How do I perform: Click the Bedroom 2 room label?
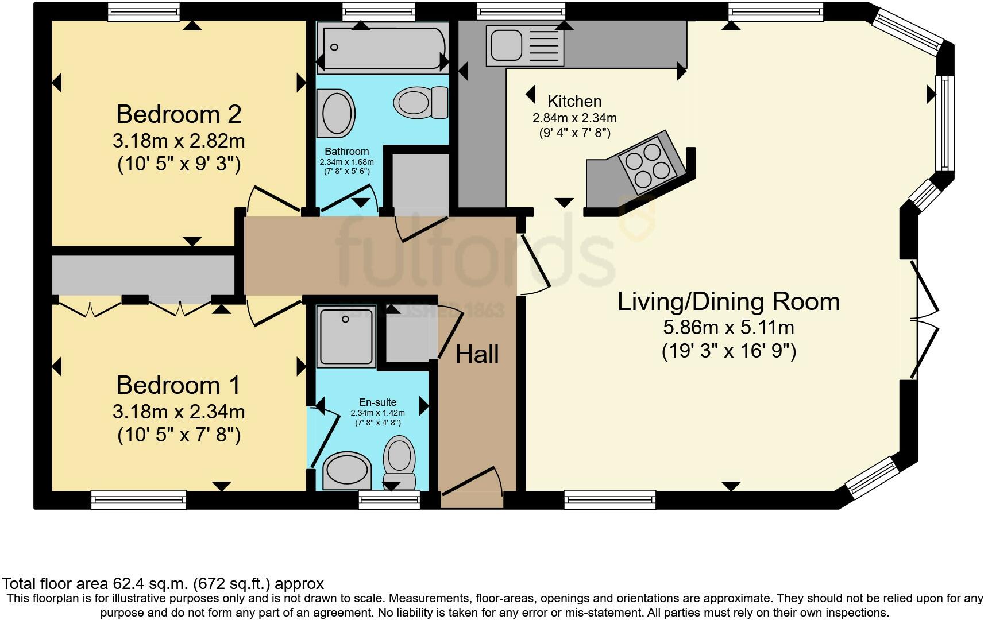179,114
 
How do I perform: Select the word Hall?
477,354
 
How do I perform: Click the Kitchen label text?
574,101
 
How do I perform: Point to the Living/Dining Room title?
728,301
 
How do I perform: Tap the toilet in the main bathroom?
420,103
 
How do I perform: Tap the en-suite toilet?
399,463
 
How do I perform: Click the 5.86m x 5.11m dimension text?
729,328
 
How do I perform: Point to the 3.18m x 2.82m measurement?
179,141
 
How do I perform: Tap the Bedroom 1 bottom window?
139,499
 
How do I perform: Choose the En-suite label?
377,402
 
